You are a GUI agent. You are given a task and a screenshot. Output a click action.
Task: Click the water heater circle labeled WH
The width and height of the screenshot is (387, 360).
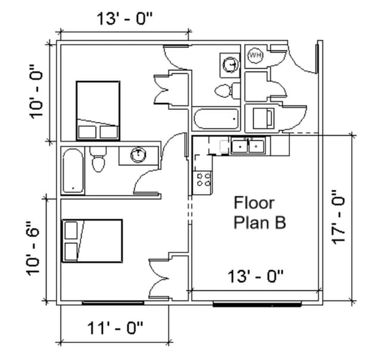click(x=255, y=56)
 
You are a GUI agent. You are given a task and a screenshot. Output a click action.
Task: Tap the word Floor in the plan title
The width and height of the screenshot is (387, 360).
click(x=254, y=203)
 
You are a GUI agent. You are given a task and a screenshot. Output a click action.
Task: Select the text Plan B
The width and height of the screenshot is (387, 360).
click(x=259, y=223)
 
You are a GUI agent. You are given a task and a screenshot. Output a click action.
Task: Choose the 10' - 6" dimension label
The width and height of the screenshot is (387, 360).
click(x=35, y=249)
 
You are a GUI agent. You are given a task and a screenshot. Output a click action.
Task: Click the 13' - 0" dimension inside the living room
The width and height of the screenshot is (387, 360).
click(x=256, y=276)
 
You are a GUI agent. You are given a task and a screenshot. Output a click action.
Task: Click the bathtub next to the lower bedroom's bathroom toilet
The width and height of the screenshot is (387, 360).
click(x=73, y=171)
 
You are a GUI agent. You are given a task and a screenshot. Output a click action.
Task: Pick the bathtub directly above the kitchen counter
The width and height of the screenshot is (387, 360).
click(x=216, y=119)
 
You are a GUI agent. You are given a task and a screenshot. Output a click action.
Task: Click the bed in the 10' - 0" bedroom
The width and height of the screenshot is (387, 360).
click(x=98, y=111)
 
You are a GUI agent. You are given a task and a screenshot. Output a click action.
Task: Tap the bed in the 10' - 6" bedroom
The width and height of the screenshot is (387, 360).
click(x=92, y=240)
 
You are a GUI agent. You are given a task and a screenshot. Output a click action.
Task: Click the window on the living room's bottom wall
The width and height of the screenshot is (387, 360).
click(x=256, y=304)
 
